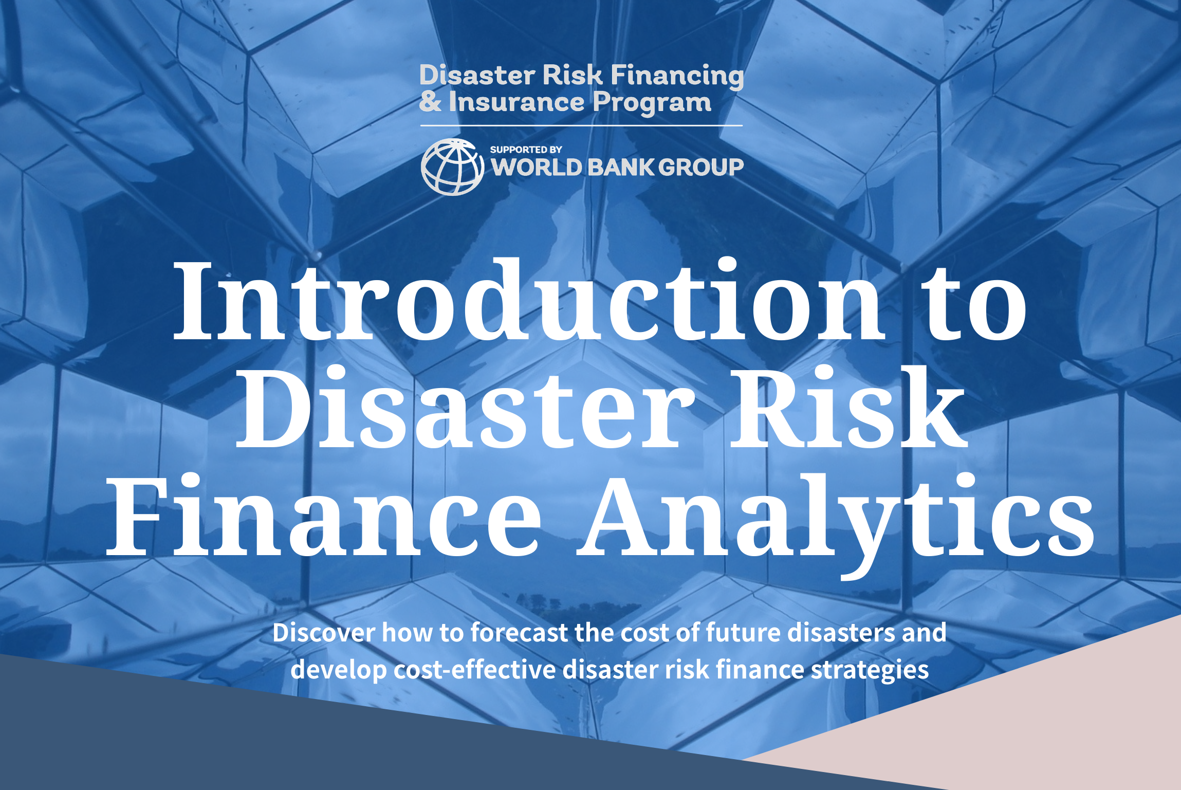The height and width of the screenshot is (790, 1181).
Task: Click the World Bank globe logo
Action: point(452,167)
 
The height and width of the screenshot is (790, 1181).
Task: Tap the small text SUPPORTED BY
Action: point(526,150)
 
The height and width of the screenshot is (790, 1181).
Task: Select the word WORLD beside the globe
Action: point(537,167)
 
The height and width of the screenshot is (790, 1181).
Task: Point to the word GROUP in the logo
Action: point(701,167)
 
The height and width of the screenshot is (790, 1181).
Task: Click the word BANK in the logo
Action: point(621,167)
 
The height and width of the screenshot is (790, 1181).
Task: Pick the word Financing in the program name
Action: point(677,76)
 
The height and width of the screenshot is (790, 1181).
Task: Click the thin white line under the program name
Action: point(581,125)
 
